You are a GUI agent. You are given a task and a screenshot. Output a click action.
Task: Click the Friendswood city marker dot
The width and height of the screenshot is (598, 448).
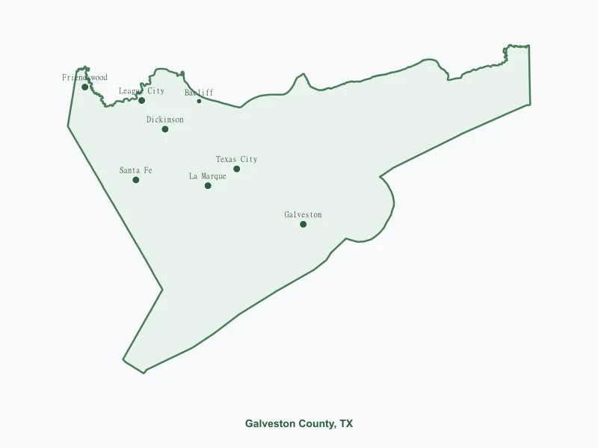[85, 87]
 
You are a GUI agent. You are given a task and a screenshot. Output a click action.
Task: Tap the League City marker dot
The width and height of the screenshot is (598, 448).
[141, 100]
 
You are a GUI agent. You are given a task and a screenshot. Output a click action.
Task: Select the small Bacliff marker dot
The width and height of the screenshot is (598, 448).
[199, 101]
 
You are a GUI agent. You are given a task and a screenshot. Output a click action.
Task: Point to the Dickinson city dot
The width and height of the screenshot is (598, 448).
[165, 129]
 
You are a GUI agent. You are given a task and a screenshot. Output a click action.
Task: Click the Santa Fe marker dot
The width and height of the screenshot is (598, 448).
[136, 180]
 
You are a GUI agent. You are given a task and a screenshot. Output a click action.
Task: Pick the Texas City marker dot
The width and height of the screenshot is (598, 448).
[237, 169]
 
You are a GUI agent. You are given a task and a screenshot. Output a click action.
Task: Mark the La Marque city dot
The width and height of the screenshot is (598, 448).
[208, 185]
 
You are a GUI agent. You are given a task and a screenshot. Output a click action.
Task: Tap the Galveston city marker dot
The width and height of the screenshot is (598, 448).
[303, 224]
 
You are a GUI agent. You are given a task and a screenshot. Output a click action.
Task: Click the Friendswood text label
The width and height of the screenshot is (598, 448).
[84, 78]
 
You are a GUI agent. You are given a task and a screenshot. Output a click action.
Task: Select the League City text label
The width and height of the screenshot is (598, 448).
[142, 91]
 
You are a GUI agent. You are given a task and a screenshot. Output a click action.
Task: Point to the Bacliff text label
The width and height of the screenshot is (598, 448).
[199, 93]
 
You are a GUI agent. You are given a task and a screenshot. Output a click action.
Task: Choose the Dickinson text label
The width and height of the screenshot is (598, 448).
[165, 119]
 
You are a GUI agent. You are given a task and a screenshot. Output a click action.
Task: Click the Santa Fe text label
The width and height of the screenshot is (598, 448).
[136, 171]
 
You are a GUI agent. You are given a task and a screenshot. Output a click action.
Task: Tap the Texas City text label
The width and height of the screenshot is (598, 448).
[237, 159]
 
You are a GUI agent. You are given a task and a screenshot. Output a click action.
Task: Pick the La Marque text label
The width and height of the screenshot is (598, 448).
[208, 176]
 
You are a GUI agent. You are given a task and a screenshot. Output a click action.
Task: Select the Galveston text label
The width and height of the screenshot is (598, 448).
[303, 215]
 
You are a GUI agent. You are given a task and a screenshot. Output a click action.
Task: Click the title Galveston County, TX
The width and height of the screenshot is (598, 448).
[299, 423]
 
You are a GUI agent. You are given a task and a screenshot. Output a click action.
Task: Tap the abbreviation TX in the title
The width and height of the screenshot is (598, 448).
[346, 423]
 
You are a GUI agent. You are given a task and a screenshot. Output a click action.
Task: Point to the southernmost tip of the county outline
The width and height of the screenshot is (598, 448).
[144, 373]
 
